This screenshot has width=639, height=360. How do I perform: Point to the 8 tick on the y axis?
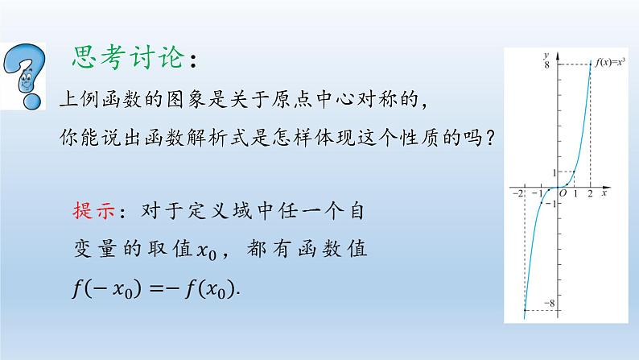click(546, 65)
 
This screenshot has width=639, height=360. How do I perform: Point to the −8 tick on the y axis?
click(550, 303)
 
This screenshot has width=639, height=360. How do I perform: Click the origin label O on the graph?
click(563, 194)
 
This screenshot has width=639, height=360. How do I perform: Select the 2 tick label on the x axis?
click(591, 194)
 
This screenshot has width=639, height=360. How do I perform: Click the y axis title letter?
click(546, 54)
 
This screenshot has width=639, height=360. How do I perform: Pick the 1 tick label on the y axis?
click(554, 172)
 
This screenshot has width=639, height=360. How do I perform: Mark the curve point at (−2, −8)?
click(525, 309)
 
